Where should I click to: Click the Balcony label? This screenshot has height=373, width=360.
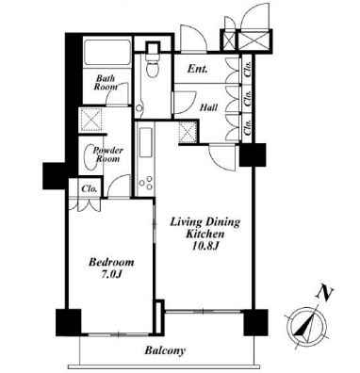[165, 350]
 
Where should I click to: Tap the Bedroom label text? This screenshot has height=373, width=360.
[111, 262]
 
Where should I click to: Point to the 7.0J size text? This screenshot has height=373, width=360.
[111, 274]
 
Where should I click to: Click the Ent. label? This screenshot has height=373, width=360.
[197, 69]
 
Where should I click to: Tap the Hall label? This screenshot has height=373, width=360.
[209, 107]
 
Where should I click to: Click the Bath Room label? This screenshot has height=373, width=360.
[106, 82]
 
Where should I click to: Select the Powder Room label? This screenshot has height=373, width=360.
[107, 154]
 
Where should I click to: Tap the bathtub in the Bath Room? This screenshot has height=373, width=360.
[107, 52]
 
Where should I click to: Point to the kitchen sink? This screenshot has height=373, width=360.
[146, 143]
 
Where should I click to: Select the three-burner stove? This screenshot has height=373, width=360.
[146, 183]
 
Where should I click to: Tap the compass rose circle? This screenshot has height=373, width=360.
[306, 328]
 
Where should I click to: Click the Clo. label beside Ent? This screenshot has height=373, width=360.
[247, 69]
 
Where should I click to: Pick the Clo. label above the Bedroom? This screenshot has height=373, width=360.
[89, 189]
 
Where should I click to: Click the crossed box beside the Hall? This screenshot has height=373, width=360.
[187, 133]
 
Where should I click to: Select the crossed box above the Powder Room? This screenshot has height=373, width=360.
[91, 121]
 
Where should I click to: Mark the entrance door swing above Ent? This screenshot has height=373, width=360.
[193, 39]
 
